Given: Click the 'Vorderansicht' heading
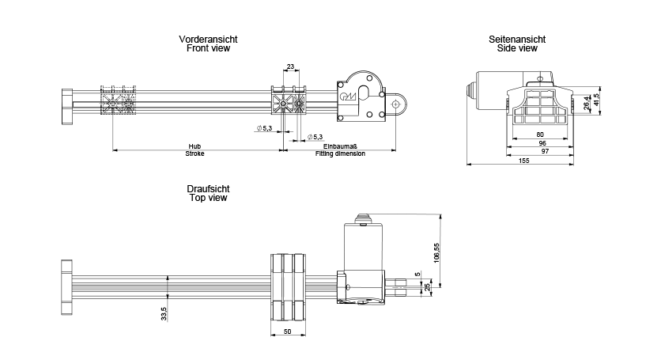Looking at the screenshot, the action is point(208,40).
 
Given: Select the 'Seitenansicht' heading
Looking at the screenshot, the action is point(517,40).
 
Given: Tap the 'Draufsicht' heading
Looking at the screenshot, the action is point(208,189).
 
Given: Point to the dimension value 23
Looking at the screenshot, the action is point(290,66).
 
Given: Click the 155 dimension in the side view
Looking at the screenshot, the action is point(523,161).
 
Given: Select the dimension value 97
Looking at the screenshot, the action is point(545,151).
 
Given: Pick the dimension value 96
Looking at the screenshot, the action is point(542,143).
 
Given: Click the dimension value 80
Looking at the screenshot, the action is point(540,135).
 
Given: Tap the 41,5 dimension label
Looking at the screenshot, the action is point(596,100).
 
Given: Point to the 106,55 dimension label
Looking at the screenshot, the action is point(436,252).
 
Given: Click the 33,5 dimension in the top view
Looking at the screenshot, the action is point(164,314).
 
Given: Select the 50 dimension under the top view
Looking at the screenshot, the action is point(288,332).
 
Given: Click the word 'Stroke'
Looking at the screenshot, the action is point(195,153).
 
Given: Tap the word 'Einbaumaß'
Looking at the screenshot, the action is point(340,146).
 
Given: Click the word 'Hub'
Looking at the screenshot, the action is point(195,146).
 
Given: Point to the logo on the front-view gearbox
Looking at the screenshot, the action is point(348,97).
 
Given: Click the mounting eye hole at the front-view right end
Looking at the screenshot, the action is point(395,104).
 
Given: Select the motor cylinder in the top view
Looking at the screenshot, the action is point(364,247).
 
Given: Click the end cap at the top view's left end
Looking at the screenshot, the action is point(66,287).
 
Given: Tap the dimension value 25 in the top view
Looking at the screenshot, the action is point(427,286).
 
